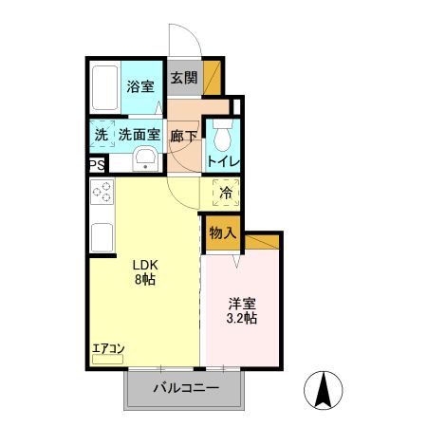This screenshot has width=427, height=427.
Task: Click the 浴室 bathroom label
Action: [x=140, y=86]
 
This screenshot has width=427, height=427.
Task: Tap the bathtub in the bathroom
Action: [x=105, y=87]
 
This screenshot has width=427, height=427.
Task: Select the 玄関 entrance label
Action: [x=184, y=78]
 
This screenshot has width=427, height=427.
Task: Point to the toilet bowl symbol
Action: [x=223, y=135]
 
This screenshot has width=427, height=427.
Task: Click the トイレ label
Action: [x=224, y=161]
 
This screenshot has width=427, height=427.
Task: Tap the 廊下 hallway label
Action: [x=184, y=136]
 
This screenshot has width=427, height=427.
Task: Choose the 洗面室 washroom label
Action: [x=139, y=135]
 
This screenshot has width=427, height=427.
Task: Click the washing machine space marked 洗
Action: [x=102, y=134]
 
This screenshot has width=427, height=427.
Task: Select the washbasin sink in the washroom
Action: [x=145, y=159]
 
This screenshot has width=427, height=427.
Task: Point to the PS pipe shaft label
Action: [x=97, y=165]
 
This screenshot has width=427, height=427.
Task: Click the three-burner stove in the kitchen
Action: [x=102, y=192]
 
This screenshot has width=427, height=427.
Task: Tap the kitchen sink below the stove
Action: [x=102, y=237]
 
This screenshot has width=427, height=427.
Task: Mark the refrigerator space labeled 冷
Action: [x=226, y=193]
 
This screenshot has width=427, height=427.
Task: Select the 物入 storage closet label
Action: [x=223, y=233]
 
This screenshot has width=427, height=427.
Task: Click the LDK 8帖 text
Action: [x=145, y=272]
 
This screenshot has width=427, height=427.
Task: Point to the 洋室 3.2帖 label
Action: [x=242, y=311]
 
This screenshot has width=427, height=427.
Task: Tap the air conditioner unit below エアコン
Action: [x=107, y=359]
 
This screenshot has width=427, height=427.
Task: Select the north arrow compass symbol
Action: [x=324, y=391]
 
